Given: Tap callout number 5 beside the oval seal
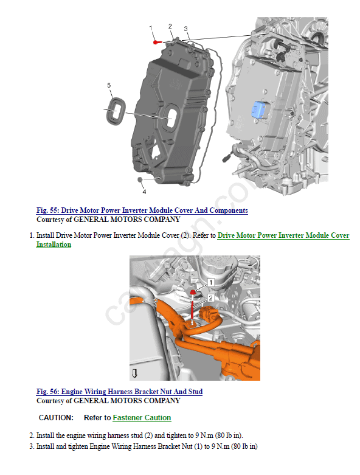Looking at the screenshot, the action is click(109, 85).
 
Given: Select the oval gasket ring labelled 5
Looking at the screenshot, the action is click(116, 111).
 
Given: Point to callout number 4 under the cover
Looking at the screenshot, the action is click(144, 192).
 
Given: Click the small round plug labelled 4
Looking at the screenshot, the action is click(140, 179).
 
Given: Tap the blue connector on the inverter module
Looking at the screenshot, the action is click(258, 109).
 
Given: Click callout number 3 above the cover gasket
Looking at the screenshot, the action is click(185, 29).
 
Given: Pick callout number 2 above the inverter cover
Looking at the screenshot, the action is click(170, 26).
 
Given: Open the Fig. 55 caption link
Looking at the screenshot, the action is click(142, 210).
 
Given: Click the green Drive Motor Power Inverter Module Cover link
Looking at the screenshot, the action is click(283, 235).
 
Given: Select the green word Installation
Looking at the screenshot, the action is click(54, 244).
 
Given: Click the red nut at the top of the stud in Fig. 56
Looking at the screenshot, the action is click(192, 292).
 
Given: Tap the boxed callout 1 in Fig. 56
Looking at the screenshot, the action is click(211, 282).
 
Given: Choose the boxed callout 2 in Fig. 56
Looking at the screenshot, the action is click(211, 298).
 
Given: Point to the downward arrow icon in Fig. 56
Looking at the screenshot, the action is click(135, 373).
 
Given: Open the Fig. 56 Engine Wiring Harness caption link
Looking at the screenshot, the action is click(119, 392).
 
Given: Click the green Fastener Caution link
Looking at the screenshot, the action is click(142, 418).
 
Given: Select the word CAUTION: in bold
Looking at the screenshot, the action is click(56, 418).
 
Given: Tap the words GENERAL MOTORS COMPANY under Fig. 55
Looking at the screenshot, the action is click(127, 220).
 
